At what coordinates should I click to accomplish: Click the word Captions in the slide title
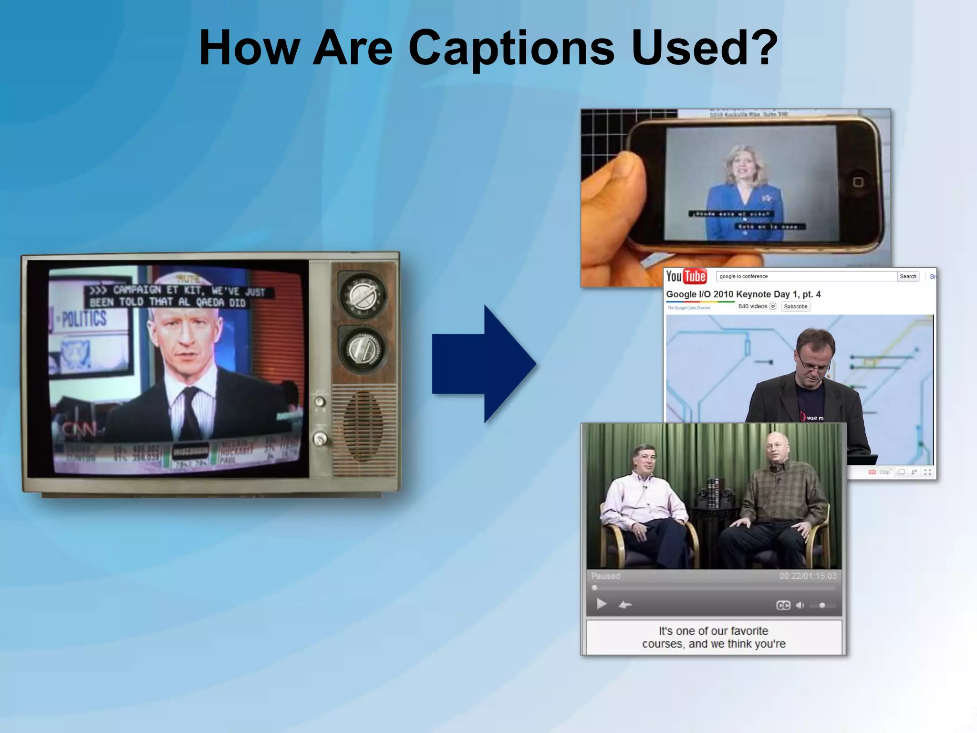[x=511, y=49]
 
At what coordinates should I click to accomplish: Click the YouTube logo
[x=686, y=276]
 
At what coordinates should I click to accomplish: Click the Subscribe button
[x=795, y=306]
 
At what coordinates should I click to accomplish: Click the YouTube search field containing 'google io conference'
[x=806, y=276]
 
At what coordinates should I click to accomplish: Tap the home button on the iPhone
[x=858, y=182]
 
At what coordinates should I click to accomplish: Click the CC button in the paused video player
[x=783, y=605]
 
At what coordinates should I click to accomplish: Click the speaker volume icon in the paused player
[x=800, y=605]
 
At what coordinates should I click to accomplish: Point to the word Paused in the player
[x=605, y=576]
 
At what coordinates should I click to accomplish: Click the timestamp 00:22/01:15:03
[x=808, y=576]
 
